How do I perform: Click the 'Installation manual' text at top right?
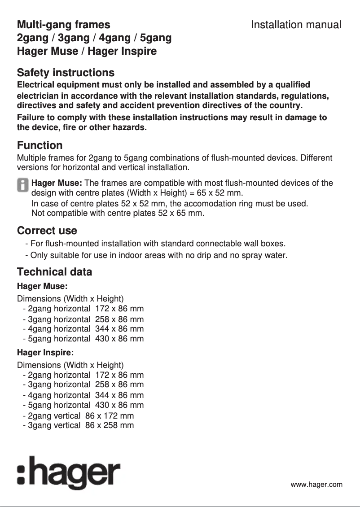coord(296,25)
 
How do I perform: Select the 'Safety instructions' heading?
coord(66,73)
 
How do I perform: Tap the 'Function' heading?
coord(40,145)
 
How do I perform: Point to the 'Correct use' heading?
coord(47,231)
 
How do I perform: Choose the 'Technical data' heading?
coord(54,272)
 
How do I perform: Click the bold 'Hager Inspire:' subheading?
coord(45,352)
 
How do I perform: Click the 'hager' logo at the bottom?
coord(68,473)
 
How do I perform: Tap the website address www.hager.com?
coord(316,485)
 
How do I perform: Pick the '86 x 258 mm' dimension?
coord(110,425)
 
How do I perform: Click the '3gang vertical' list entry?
coord(54,425)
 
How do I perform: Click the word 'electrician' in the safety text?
coord(39,96)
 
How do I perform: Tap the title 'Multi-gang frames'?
coord(63,25)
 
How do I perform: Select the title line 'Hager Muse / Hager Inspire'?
coord(87,51)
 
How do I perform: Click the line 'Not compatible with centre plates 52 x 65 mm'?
coord(118,213)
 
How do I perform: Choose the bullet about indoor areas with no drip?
coord(156,256)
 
